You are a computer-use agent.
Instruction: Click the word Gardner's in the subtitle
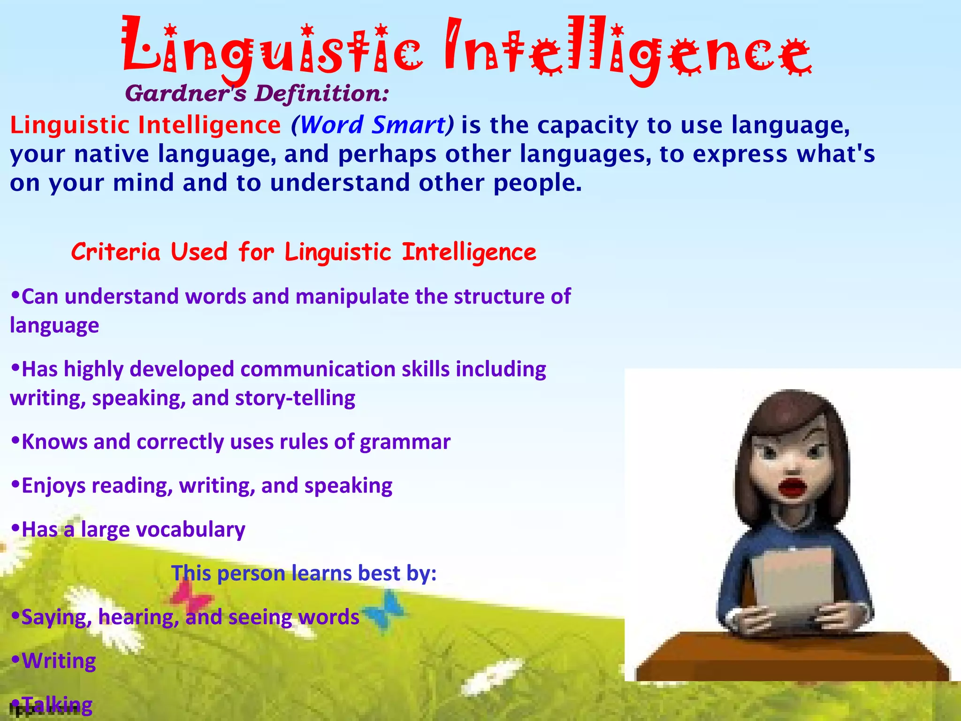[x=185, y=93]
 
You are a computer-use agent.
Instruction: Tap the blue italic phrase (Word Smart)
[x=373, y=125]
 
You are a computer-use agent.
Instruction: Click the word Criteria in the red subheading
[x=116, y=252]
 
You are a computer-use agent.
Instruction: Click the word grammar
[x=405, y=442]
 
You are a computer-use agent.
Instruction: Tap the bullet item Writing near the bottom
[x=59, y=661]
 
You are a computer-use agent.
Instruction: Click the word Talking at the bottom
[x=57, y=704]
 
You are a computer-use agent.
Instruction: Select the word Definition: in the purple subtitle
[x=322, y=93]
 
